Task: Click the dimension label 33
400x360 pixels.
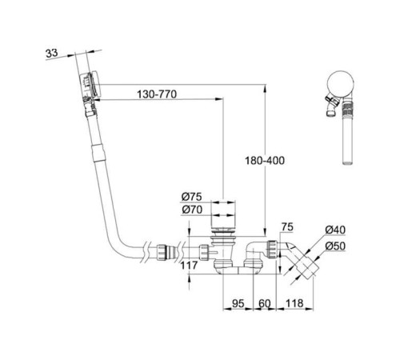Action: click(52, 53)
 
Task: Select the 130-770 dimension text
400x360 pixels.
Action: click(157, 94)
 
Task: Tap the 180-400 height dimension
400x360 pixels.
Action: click(265, 161)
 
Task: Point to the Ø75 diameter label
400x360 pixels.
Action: click(192, 197)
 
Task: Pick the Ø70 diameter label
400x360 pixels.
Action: click(192, 210)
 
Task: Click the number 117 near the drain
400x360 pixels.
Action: click(190, 266)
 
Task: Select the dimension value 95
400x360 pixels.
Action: click(238, 303)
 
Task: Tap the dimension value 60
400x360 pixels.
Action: click(264, 303)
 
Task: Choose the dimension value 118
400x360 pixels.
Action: click(294, 303)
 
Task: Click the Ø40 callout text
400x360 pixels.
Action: click(335, 230)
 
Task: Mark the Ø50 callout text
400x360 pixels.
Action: click(335, 246)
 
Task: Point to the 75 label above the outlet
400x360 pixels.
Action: click(287, 227)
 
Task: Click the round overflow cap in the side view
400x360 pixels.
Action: click(341, 83)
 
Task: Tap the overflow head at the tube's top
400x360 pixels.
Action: click(90, 85)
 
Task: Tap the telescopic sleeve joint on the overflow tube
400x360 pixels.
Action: click(98, 153)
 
